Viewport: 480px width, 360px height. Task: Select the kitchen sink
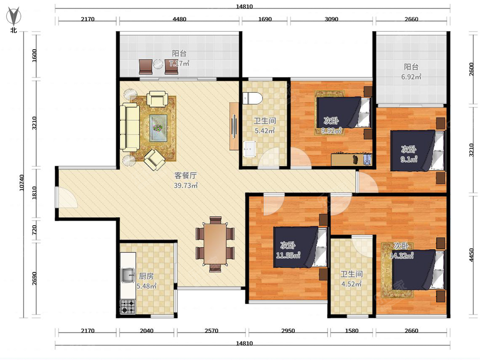128,275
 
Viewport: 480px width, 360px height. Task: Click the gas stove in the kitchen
128,307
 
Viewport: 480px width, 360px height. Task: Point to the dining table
215,244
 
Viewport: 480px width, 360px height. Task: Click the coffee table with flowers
158,128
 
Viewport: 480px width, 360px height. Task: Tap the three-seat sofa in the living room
130,127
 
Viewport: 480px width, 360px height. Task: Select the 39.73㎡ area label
186,186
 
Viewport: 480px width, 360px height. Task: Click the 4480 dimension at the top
179,19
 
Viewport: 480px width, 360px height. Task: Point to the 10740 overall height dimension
22,182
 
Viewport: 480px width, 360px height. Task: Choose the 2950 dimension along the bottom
288,331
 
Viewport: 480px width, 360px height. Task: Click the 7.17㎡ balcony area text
179,63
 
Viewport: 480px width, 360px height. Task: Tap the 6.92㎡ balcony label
411,77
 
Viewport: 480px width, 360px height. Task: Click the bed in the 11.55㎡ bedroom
301,247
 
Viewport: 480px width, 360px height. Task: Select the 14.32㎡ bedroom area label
402,256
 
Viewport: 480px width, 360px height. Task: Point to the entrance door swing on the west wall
67,197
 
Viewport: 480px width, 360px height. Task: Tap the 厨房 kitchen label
146,276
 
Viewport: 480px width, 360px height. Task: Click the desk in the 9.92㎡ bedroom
351,159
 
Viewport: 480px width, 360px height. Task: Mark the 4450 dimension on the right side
471,255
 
